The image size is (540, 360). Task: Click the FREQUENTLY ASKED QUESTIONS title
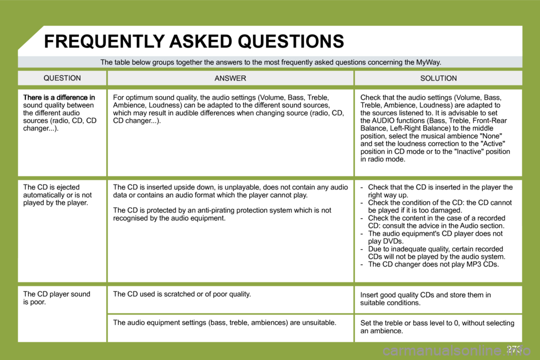click(193, 41)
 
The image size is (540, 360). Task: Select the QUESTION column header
click(62, 78)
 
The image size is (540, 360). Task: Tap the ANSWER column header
click(230, 78)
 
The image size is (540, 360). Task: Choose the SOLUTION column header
click(438, 78)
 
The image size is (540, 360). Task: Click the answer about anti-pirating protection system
click(222, 214)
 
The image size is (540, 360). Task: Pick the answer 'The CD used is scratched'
click(182, 294)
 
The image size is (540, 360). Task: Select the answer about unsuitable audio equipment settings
click(224, 322)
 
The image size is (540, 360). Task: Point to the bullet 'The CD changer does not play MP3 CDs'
click(433, 264)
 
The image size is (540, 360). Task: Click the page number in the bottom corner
click(514, 349)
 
